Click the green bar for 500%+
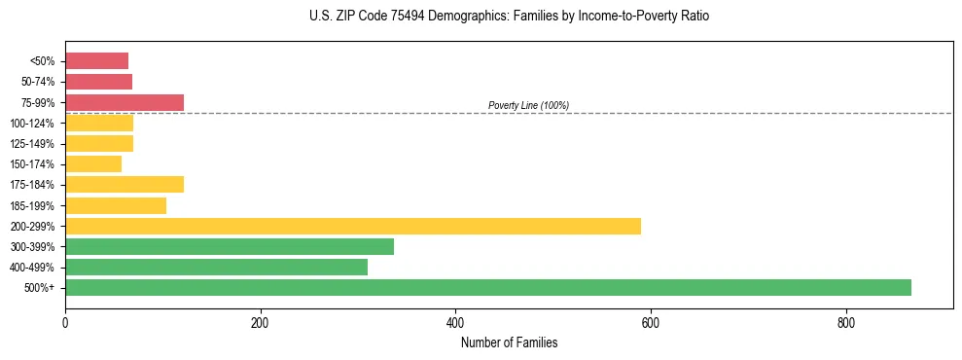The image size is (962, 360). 487,287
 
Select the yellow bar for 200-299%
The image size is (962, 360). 352,226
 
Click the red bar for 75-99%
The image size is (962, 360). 124,102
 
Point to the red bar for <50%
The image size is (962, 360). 96,61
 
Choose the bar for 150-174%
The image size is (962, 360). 93,163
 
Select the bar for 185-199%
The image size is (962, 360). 115,205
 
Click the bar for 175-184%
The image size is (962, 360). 124,185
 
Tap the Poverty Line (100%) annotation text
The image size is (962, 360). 528,105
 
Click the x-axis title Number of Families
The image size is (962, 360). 509,342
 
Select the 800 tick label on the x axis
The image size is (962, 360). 845,323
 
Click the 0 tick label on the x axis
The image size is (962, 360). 65,323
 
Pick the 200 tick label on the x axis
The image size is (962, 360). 260,323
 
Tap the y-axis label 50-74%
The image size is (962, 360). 38,82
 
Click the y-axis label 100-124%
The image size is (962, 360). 33,124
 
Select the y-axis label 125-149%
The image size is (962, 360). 33,144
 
